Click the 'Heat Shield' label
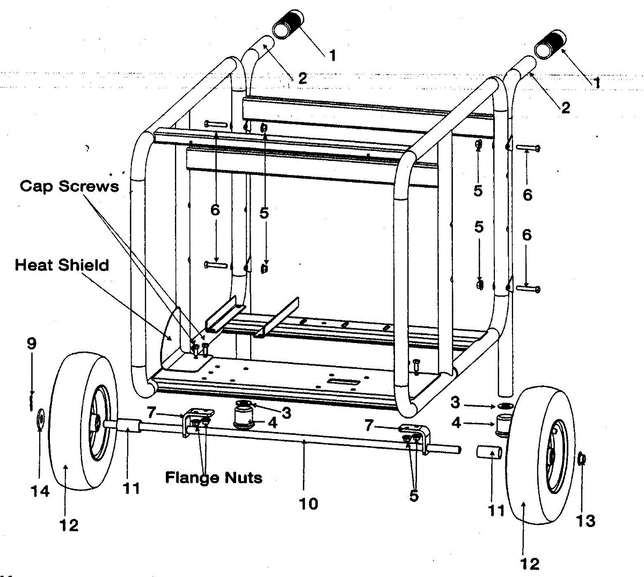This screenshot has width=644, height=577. (x=62, y=265)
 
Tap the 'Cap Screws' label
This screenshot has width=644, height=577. (x=69, y=186)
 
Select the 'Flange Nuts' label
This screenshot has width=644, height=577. (x=214, y=477)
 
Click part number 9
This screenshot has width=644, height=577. (x=32, y=344)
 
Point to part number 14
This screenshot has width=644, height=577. (x=40, y=491)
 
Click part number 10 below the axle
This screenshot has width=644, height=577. (x=309, y=503)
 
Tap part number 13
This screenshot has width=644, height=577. (x=586, y=520)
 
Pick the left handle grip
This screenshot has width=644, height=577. (x=288, y=24)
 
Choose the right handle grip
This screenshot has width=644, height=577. (x=551, y=43)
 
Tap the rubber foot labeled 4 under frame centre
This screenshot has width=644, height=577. (x=245, y=418)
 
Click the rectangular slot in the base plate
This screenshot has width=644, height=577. (x=345, y=382)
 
